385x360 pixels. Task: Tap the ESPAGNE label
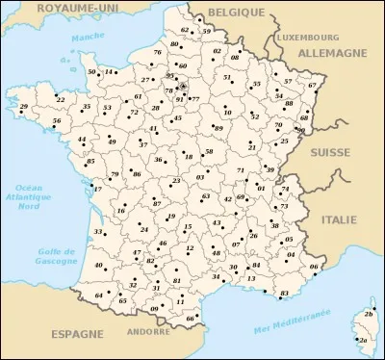point(76,333)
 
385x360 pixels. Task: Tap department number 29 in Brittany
point(24,106)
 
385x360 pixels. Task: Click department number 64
point(100,295)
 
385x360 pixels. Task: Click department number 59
point(206,31)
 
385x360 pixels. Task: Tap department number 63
point(206,195)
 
